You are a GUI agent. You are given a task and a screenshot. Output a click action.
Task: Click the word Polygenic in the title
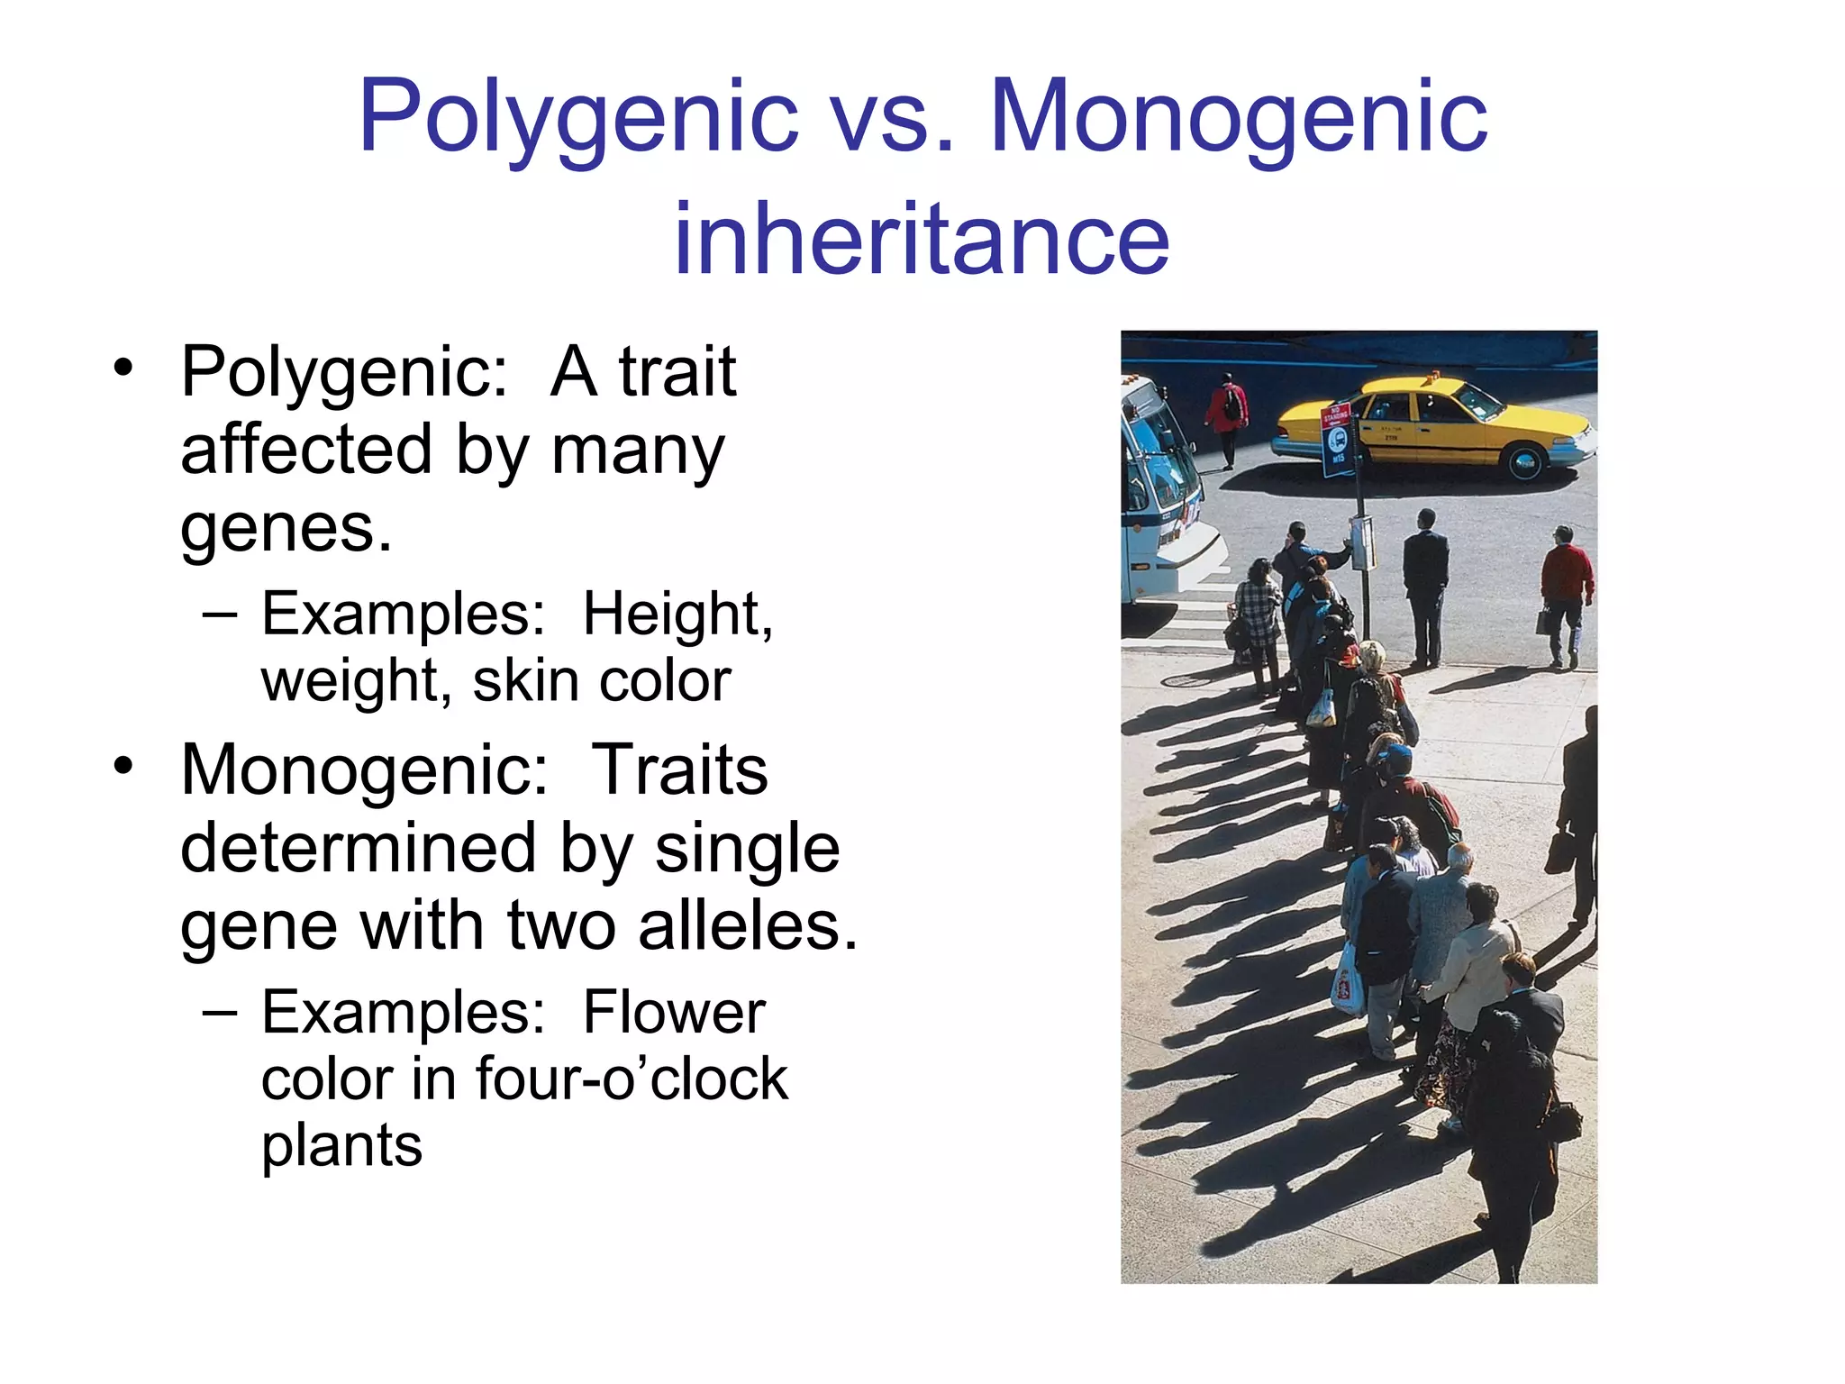577,117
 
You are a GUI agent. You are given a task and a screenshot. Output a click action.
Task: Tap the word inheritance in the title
922,238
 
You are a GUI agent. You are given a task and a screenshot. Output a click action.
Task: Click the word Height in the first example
677,615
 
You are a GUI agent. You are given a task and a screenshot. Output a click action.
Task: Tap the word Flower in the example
673,1013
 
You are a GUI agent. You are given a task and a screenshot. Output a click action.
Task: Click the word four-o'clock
631,1079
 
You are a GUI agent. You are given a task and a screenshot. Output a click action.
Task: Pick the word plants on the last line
341,1146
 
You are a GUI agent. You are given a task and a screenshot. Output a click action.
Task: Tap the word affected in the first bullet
306,450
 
